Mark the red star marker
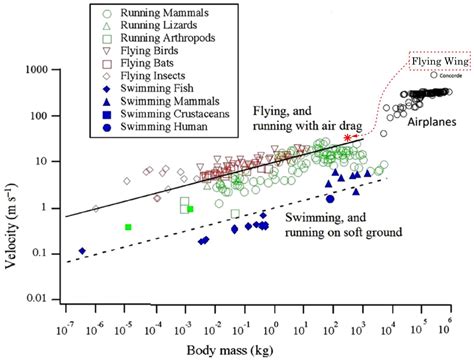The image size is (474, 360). pos(347,137)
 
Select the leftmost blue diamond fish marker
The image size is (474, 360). pos(82,251)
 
